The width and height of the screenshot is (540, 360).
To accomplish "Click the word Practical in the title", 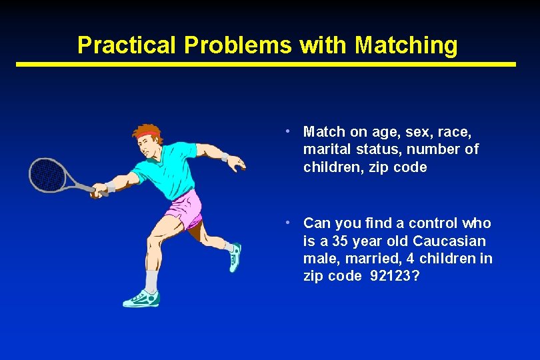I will (x=127, y=45).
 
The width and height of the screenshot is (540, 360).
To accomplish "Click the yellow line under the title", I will (x=267, y=65).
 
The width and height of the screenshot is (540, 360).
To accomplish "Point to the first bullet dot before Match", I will (x=285, y=131).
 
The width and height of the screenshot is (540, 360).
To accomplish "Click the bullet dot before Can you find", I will (x=285, y=222).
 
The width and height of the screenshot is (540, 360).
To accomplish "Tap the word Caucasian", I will (x=449, y=241).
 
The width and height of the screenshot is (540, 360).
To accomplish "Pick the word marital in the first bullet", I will (x=325, y=149).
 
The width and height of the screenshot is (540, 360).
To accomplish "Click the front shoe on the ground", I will (x=141, y=299).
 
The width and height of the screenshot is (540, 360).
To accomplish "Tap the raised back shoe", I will (x=234, y=257).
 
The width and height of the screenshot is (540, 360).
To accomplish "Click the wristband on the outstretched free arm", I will (x=225, y=157).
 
